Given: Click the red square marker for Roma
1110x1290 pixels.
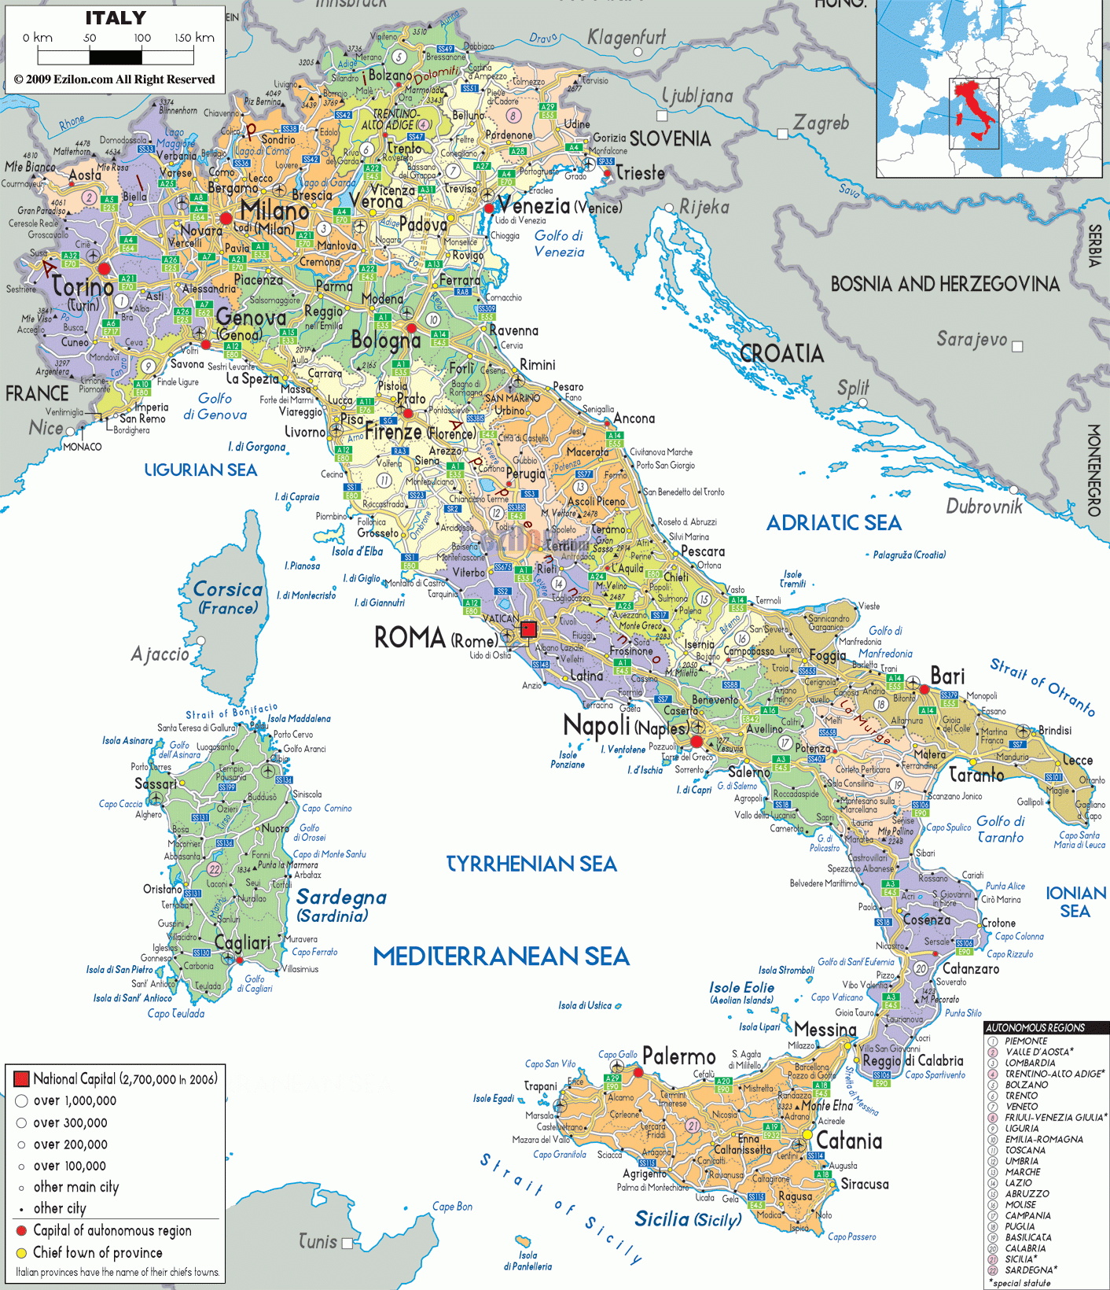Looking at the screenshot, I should pos(528,628).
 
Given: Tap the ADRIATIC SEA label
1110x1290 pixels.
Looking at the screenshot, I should pos(833,523).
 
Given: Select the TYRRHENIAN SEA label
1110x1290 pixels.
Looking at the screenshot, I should pos(531,864).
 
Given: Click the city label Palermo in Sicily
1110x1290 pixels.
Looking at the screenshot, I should pos(678,1056).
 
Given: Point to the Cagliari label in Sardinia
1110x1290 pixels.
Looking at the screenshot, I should pos(242,942).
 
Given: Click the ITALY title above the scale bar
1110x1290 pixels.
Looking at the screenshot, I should pos(116,18).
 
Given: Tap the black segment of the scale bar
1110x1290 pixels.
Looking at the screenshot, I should pos(116,57).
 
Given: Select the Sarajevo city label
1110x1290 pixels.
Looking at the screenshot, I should pos(971,339).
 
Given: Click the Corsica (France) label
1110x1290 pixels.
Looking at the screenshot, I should pos(228,598).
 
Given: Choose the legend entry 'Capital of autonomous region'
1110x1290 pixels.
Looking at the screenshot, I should pos(112,1230).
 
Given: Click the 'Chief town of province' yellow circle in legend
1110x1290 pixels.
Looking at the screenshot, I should pos(21,1252).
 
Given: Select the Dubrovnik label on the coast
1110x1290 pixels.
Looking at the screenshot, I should pos(984,507).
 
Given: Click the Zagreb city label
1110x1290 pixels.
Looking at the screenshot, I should pos(821,123).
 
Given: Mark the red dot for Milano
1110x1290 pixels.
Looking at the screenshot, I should pos(226,218).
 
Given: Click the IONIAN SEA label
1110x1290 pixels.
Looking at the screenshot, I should pos(1075,901).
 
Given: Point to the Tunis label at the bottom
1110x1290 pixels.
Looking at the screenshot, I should pos(318,1241).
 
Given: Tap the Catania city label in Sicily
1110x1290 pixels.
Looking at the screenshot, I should pos(849,1141).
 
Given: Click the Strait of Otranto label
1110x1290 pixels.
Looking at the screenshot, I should pos(1042,686).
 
